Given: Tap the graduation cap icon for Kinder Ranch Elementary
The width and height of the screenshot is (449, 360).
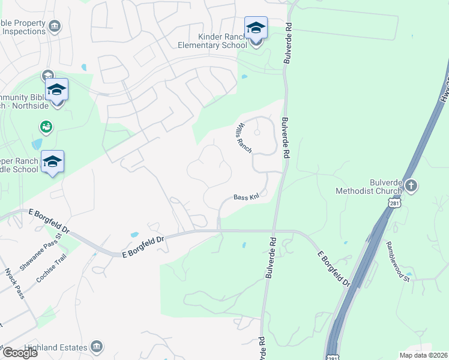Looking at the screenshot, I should (x=256, y=28).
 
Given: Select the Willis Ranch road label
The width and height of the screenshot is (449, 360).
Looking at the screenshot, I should (x=243, y=137).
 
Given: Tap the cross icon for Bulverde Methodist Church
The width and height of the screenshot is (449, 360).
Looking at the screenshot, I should (x=411, y=185).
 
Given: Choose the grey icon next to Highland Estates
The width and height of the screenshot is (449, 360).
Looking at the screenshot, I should (x=97, y=346).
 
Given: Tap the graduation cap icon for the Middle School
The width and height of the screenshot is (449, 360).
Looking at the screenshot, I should (x=52, y=161).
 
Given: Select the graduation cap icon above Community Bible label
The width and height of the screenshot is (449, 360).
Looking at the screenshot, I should (x=56, y=89).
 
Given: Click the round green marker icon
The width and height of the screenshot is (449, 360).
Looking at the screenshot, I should (x=46, y=127).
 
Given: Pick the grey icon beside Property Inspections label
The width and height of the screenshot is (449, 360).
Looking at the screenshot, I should (x=55, y=26).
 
